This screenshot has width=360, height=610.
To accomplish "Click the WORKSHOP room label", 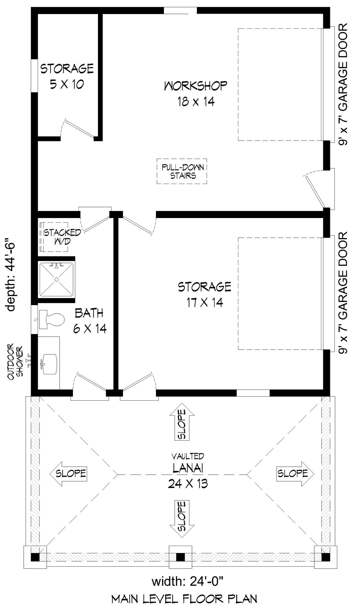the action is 196,86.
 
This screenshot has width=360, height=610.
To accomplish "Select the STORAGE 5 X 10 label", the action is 67,76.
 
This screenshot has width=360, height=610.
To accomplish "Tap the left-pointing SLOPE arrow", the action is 68,473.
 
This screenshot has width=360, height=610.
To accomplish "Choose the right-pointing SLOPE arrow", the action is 295,473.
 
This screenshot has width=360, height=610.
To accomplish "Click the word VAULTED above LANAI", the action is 188,456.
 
